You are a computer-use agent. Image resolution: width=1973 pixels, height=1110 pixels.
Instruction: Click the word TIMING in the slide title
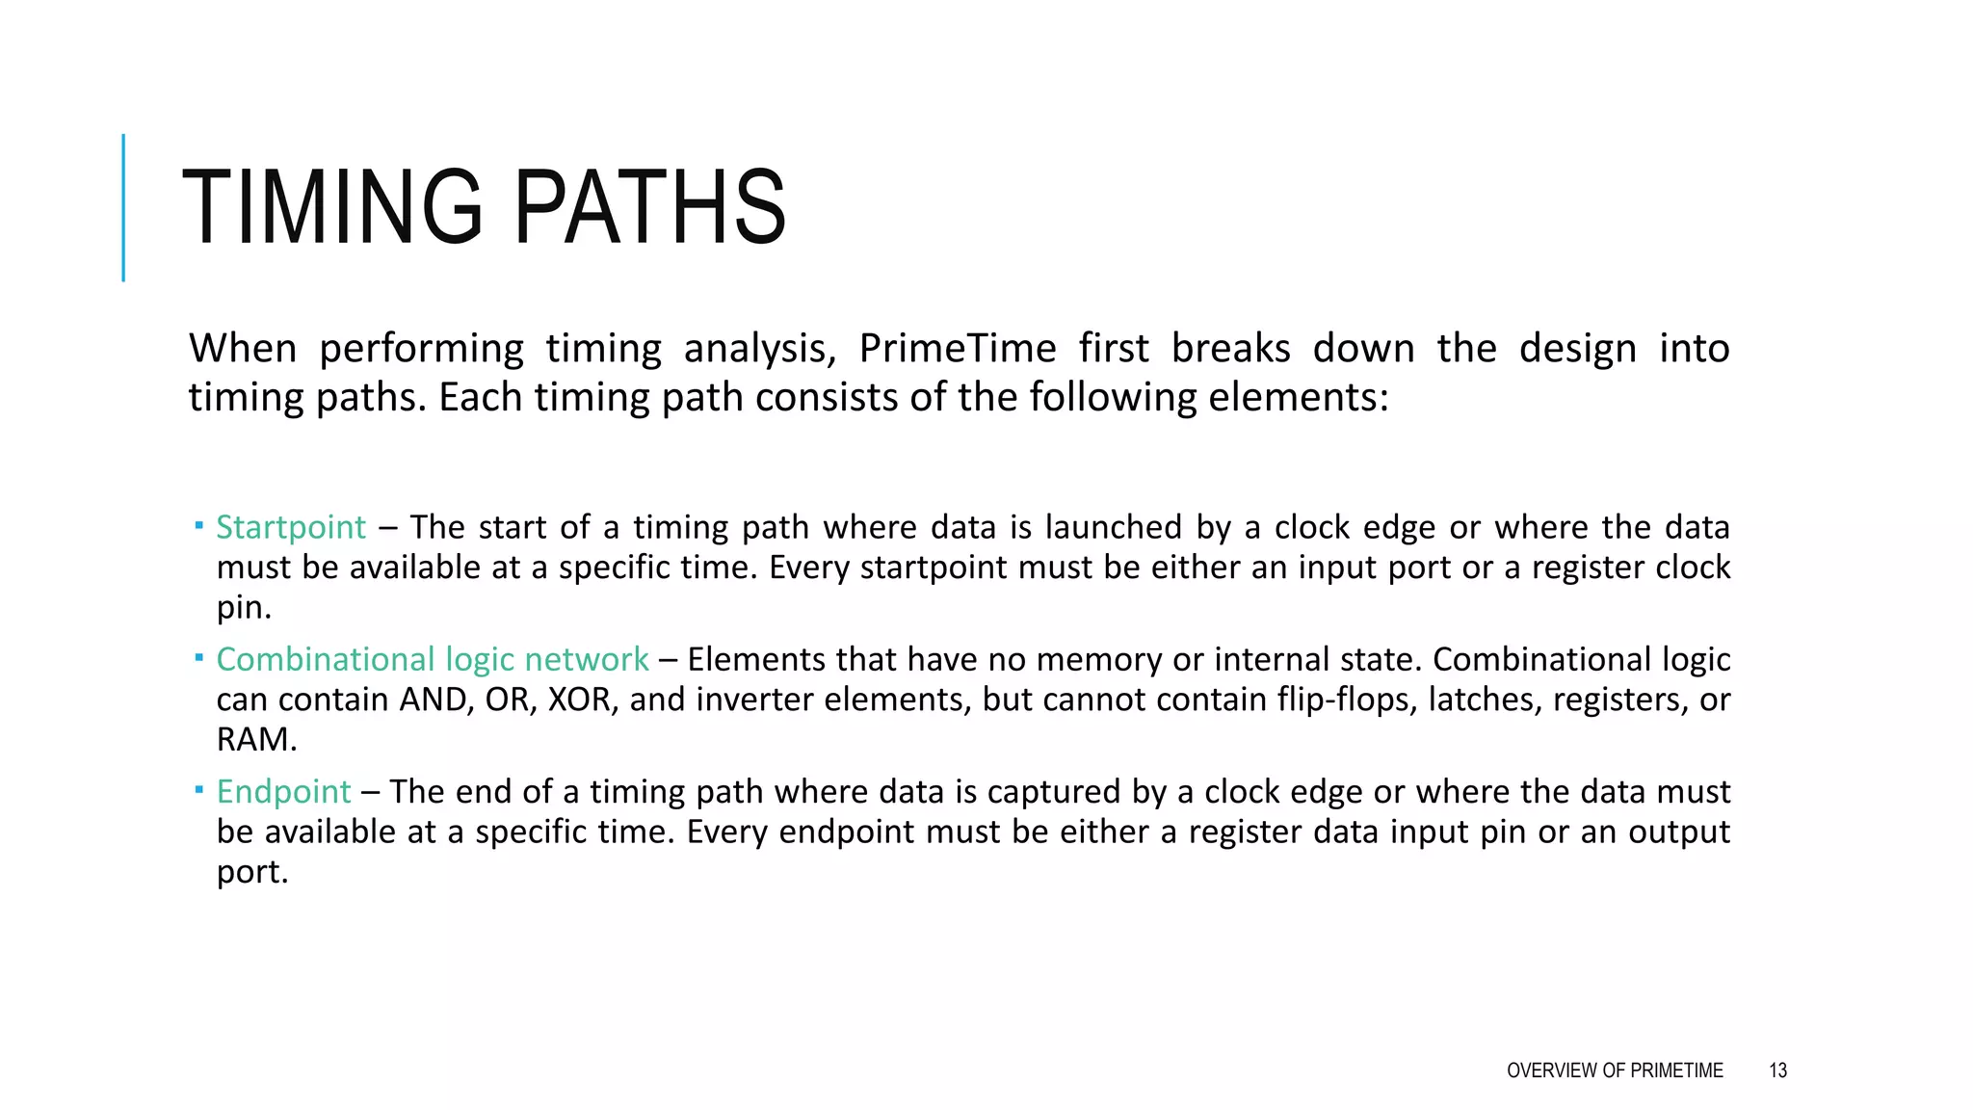click(331, 208)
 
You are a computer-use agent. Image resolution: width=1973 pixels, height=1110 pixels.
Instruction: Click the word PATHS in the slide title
click(650, 208)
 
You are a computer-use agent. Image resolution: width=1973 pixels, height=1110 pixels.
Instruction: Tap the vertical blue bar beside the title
click(123, 208)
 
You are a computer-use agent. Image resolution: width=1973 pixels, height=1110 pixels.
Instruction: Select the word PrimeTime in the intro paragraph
click(957, 348)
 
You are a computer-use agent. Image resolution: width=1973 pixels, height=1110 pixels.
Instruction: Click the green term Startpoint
click(290, 527)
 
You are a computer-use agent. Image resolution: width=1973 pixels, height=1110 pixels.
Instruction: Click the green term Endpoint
click(283, 791)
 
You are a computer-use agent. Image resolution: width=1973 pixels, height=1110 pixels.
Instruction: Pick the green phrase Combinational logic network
click(432, 659)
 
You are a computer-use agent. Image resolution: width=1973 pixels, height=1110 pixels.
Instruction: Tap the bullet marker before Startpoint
click(198, 525)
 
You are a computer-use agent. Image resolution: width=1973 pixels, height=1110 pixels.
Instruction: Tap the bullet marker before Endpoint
click(198, 789)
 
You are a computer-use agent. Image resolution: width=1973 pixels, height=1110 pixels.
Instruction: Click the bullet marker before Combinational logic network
click(198, 657)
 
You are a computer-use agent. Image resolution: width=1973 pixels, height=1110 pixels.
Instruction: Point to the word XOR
click(580, 700)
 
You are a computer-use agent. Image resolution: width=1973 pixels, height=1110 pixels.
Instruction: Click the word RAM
click(254, 740)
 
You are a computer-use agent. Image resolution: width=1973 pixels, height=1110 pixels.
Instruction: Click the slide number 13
click(1777, 1070)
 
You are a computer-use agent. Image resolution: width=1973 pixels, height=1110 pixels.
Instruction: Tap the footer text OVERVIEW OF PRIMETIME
click(1615, 1070)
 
